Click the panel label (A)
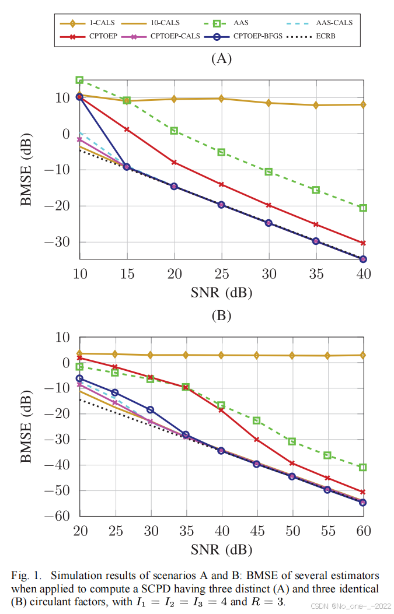221,58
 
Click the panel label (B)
221,315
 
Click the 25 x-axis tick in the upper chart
221,275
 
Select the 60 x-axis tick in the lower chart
362,532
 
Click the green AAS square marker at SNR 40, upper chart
362,208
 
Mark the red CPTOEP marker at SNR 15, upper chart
127,129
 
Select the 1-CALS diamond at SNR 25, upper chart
221,99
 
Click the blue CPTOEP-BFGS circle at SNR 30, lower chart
151,410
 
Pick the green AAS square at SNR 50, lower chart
292,441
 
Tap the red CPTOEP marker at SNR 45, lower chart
256,439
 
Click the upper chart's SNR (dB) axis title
221,293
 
